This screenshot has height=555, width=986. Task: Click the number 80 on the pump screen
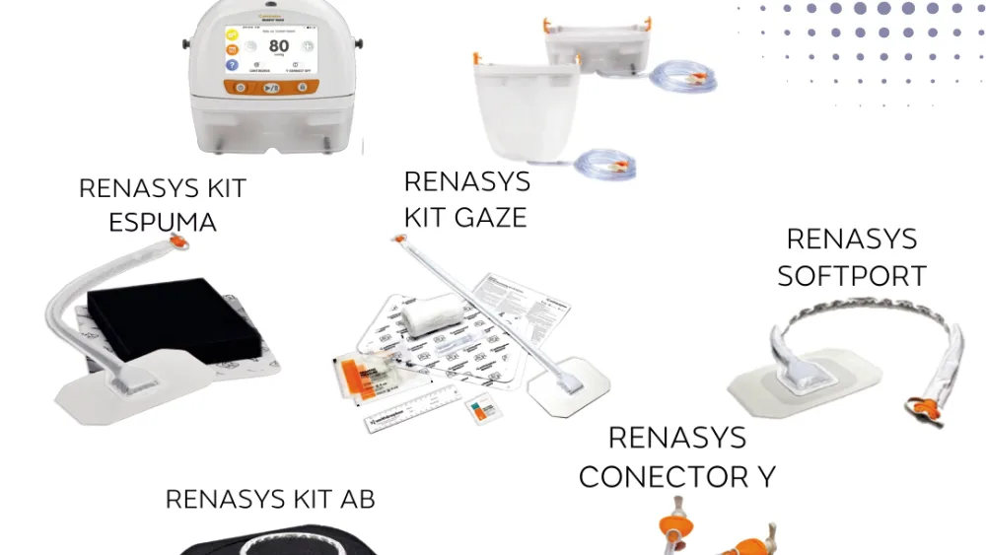pyautogui.click(x=279, y=46)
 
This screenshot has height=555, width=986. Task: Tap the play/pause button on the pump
pyautogui.click(x=270, y=88)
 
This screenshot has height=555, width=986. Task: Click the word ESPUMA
pyautogui.click(x=162, y=222)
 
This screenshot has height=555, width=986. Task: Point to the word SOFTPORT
pyautogui.click(x=852, y=275)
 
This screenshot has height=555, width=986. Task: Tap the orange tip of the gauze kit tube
pyautogui.click(x=398, y=239)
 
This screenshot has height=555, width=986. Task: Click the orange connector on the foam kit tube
pyautogui.click(x=178, y=241)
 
